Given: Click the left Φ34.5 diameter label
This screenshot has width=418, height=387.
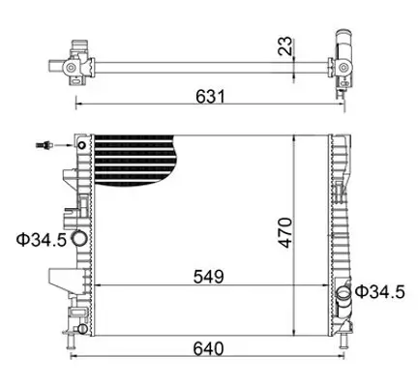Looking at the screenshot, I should coord(38,239).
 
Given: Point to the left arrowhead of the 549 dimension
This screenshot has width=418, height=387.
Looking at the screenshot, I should coord(103,286).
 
